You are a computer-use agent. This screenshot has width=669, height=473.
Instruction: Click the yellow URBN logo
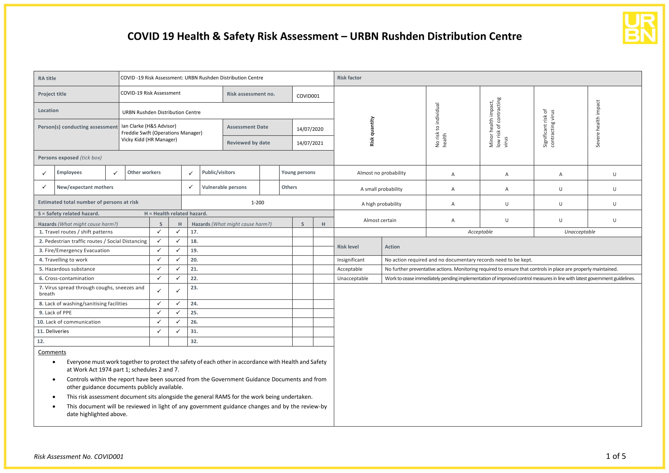pyautogui.click(x=640, y=28)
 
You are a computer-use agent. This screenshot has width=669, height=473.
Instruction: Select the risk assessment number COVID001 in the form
pyautogui.click(x=308, y=96)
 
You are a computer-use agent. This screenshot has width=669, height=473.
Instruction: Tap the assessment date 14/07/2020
pyautogui.click(x=310, y=129)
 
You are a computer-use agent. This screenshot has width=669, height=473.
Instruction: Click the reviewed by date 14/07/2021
pyautogui.click(x=310, y=143)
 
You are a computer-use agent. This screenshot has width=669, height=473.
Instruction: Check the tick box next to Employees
pyautogui.click(x=44, y=173)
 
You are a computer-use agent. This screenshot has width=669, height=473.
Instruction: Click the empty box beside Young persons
pyautogui.click(x=269, y=173)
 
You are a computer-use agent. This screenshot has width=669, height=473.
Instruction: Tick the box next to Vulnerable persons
pyautogui.click(x=190, y=187)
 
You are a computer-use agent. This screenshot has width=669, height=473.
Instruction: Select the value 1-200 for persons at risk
pyautogui.click(x=258, y=202)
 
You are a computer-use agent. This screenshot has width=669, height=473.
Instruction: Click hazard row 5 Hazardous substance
pyautogui.click(x=70, y=269)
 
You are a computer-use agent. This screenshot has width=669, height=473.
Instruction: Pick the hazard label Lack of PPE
pyautogui.click(x=58, y=313)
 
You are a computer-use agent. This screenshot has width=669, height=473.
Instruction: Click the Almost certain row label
pyautogui.click(x=380, y=220)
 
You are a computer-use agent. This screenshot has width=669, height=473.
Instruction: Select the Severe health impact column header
pyautogui.click(x=597, y=124)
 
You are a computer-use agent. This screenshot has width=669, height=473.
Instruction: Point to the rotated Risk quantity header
pyautogui.click(x=372, y=131)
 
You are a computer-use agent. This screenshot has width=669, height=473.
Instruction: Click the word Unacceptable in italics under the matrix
pyautogui.click(x=579, y=232)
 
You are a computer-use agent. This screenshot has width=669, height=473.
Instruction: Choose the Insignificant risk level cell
pyautogui.click(x=351, y=260)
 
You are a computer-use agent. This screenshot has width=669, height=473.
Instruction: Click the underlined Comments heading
pyautogui.click(x=52, y=352)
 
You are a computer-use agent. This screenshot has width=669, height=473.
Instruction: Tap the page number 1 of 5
pyautogui.click(x=616, y=456)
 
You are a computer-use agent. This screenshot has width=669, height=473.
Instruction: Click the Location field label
pyautogui.click(x=48, y=110)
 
